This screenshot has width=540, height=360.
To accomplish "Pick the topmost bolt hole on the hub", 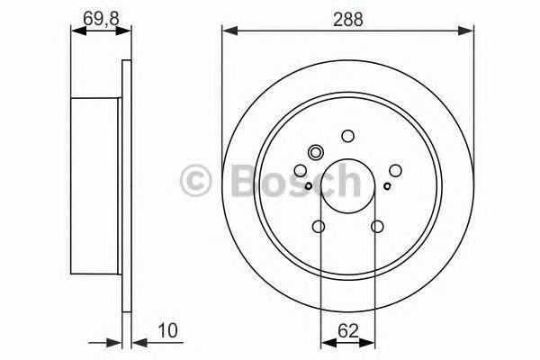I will click(x=348, y=137).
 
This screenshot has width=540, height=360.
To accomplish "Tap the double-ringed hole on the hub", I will click(x=315, y=153).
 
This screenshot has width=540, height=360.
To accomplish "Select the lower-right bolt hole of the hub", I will click(x=377, y=227).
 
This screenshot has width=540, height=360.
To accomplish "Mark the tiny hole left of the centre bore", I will click(x=309, y=186).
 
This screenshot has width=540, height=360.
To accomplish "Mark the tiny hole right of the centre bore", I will click(x=388, y=186).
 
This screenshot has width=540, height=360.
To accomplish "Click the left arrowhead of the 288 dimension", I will click(x=228, y=31).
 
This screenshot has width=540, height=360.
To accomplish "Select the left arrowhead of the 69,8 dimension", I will click(x=76, y=31).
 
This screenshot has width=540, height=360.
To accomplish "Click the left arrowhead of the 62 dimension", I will click(x=326, y=342).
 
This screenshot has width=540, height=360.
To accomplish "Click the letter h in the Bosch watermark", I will click(x=346, y=181).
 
